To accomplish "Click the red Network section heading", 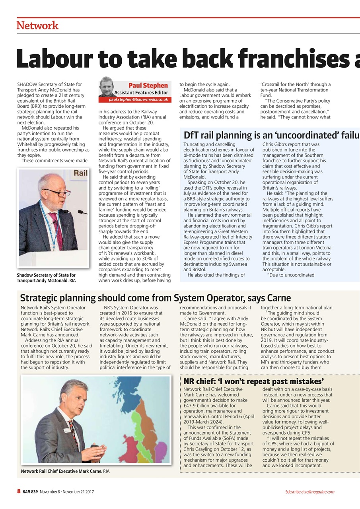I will click(37, 26).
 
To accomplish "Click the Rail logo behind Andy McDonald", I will click(80, 173).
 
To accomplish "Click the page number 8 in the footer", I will click(18, 492).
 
